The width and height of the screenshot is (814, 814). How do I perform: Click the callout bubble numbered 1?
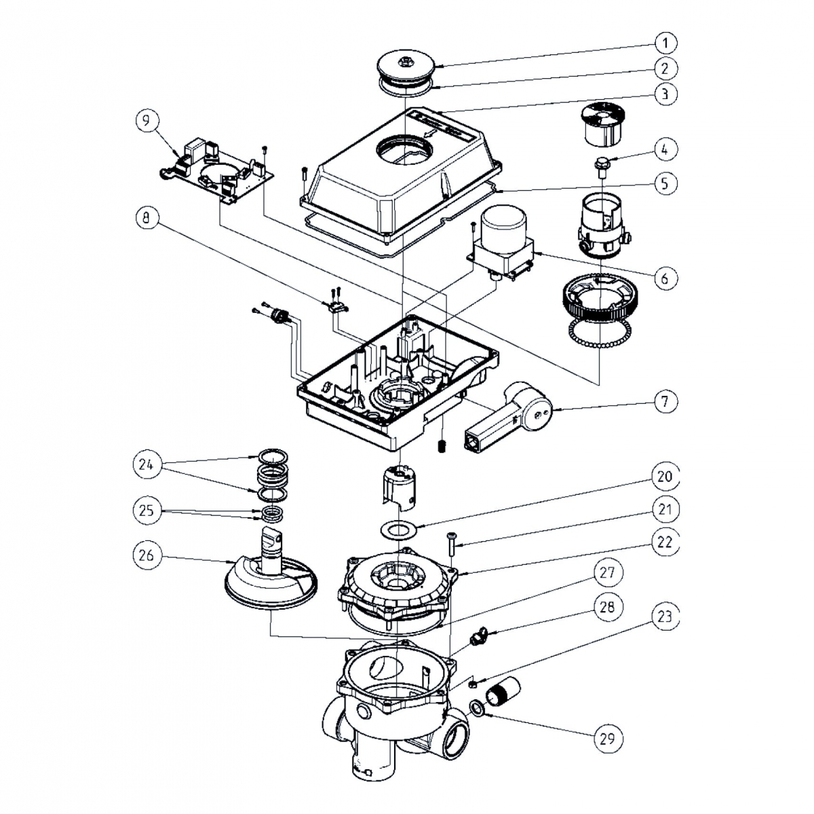coord(665,43)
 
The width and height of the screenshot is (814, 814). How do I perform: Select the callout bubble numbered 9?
coord(147,121)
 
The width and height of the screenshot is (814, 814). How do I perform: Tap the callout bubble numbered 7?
coord(665,401)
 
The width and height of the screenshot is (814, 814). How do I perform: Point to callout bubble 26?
coord(147,555)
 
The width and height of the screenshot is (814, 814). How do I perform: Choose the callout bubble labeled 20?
coord(665,477)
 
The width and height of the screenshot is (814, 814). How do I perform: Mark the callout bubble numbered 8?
coord(147,219)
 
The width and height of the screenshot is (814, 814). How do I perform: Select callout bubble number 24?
coord(147,466)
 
